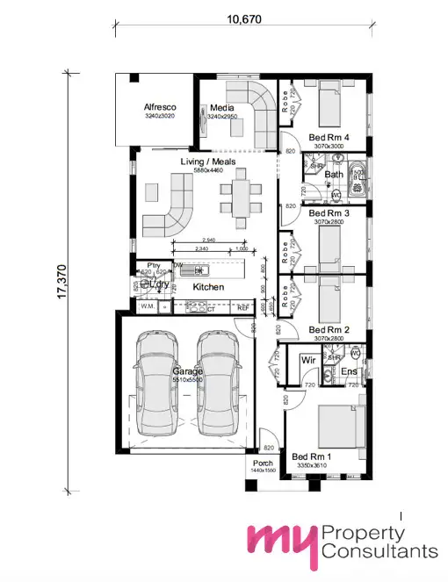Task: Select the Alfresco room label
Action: [160, 108]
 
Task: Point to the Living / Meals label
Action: [203, 162]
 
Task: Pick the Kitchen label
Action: [208, 287]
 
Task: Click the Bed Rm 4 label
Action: [329, 138]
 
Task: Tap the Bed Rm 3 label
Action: [329, 213]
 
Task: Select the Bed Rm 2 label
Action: [329, 330]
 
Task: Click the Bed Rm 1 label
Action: [312, 457]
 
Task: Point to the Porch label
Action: [263, 463]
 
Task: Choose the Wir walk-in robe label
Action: [307, 360]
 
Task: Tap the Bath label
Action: [334, 174]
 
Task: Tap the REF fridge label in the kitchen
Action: [244, 308]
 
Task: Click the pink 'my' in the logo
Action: [279, 542]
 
